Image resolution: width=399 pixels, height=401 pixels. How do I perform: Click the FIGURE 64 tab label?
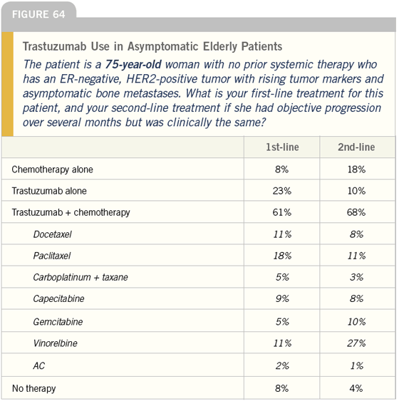(x=38, y=14)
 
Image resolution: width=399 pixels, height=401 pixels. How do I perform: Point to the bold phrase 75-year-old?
(x=133, y=64)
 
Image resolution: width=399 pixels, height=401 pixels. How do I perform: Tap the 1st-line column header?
(x=282, y=147)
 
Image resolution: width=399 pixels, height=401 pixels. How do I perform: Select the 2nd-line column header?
(x=356, y=147)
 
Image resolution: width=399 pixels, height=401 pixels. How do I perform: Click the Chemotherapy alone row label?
(x=52, y=170)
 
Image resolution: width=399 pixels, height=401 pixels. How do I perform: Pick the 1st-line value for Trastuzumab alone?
(x=282, y=191)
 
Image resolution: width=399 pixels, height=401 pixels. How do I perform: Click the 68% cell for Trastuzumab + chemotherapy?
(x=356, y=212)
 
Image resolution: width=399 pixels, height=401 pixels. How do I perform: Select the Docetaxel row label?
(x=53, y=234)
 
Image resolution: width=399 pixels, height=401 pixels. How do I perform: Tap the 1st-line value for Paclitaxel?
(x=282, y=256)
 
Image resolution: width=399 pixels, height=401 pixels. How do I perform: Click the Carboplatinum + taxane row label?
(x=81, y=277)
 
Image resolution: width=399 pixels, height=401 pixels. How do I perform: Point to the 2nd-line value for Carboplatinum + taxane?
(x=356, y=277)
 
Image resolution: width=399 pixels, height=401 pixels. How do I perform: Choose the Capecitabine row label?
(x=58, y=298)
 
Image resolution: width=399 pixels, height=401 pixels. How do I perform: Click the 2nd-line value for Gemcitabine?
(x=356, y=322)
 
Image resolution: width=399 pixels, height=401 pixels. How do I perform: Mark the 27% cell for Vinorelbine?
(x=356, y=343)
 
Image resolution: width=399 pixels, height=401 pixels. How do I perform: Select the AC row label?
(x=39, y=365)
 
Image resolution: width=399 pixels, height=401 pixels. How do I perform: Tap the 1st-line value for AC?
(x=282, y=365)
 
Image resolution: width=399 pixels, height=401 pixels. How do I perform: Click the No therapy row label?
(x=33, y=388)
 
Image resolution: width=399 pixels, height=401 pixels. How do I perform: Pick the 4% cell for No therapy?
(x=356, y=388)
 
